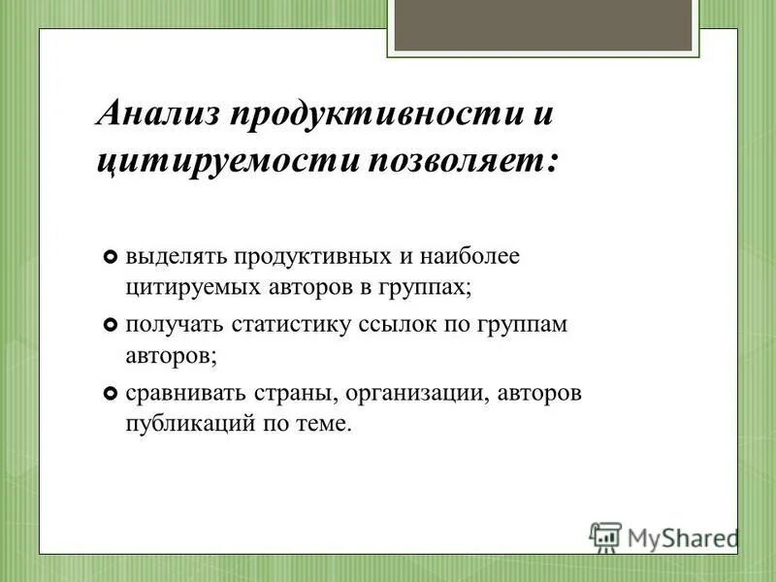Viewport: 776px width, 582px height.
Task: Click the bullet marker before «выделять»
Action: click(110, 258)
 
